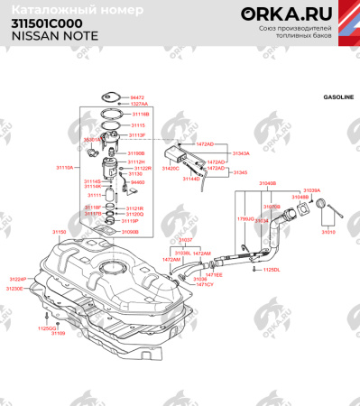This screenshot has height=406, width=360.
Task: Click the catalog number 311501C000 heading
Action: click(x=46, y=23)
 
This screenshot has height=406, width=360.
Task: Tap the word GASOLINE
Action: click(x=338, y=97)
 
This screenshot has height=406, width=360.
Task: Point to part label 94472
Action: click(x=137, y=97)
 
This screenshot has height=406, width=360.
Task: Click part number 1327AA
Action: click(x=139, y=104)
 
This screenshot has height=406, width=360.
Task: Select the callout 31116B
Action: click(x=140, y=115)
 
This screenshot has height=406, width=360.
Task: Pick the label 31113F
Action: click(x=136, y=134)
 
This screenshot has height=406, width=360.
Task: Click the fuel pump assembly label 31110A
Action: click(x=65, y=168)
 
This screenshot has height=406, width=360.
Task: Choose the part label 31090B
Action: click(x=129, y=232)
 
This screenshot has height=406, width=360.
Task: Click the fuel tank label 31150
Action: click(x=60, y=232)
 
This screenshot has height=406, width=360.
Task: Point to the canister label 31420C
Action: click(x=170, y=169)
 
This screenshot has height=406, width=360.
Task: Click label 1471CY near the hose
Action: click(x=204, y=285)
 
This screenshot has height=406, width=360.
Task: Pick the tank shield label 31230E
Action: click(x=15, y=289)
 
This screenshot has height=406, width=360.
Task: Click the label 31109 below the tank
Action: click(x=58, y=334)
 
